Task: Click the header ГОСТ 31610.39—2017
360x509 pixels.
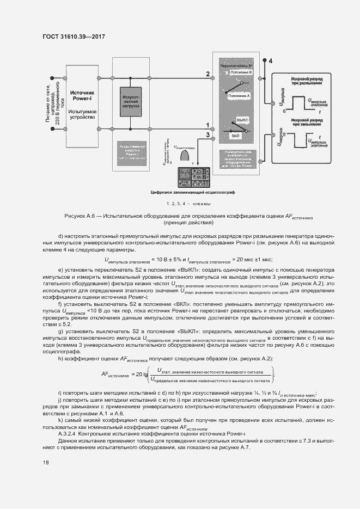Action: click(x=73, y=36)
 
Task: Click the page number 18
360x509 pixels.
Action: click(x=45, y=463)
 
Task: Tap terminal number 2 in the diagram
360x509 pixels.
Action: click(x=208, y=73)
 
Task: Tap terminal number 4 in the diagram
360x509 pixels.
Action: click(x=271, y=59)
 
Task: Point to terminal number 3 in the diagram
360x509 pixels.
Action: click(x=208, y=134)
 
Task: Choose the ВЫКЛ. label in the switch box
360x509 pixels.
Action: click(x=242, y=119)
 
